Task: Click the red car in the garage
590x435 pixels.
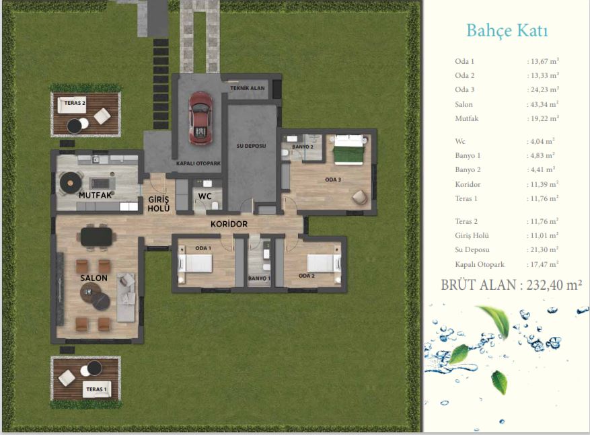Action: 200,118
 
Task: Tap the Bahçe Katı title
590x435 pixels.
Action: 507,31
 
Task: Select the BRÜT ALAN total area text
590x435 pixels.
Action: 511,285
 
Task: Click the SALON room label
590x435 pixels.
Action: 94,278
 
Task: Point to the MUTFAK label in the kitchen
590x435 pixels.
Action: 96,195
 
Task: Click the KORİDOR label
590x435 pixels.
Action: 229,224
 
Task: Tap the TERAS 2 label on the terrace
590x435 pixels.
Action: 75,103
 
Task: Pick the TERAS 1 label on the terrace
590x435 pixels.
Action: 96,389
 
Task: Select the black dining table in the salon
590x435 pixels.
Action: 96,237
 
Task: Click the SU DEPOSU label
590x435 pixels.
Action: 251,145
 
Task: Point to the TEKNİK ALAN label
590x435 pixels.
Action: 247,88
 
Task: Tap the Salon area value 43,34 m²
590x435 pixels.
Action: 543,104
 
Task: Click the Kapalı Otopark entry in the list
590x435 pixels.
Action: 480,264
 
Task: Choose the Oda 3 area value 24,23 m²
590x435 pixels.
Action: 543,89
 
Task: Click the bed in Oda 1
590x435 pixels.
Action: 195,263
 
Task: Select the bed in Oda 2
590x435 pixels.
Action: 324,263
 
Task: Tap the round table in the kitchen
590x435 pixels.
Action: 71,183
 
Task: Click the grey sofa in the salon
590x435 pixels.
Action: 126,298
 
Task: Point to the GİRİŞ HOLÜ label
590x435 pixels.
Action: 158,204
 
